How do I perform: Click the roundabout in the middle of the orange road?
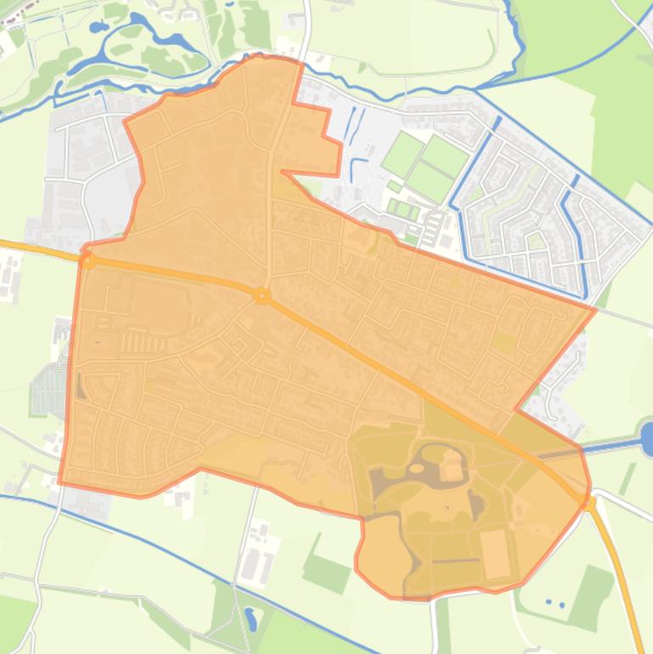coord(262,296)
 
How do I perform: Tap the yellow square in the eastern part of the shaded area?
coord(504,342)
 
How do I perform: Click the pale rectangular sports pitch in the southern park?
coord(494,548)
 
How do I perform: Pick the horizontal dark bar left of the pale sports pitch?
coord(455,561)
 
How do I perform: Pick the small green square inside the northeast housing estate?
coord(534,241)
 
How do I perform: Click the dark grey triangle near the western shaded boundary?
coord(81,386)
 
